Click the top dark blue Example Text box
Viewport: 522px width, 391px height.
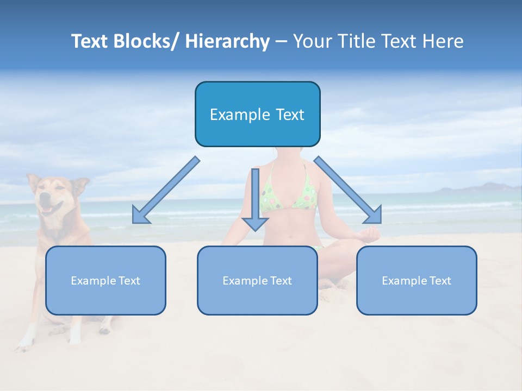pos(257,114)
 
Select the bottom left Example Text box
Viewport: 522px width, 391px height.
pos(105,280)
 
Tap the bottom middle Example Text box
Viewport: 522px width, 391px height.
pos(257,280)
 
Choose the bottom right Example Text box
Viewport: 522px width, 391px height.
pos(417,280)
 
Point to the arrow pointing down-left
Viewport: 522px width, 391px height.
pos(166,190)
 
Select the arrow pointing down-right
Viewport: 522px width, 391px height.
pos(348,190)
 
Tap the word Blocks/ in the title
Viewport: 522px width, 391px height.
pos(147,41)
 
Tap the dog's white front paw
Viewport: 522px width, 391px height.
pos(24,342)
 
